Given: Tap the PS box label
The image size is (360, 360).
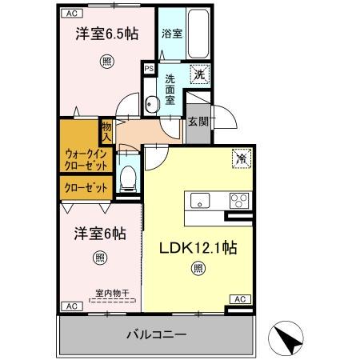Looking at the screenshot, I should (x=149, y=69).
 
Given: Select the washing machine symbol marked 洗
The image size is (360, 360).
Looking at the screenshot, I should (x=201, y=76).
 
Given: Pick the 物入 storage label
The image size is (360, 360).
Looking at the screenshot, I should (x=106, y=130).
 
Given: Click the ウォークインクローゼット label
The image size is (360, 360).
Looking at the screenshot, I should (x=85, y=158).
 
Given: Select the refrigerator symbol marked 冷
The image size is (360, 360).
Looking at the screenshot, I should (x=241, y=158).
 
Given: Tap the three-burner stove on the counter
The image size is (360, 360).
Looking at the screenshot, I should (x=239, y=200).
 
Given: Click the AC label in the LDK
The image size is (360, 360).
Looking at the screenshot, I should (x=239, y=298).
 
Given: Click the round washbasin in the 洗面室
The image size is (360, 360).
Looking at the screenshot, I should (x=152, y=102).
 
